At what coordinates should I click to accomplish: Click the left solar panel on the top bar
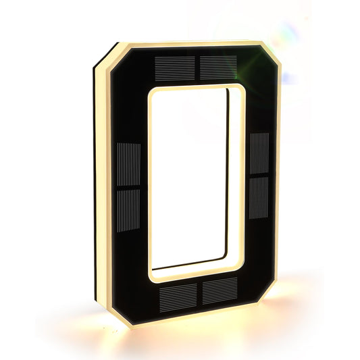click(174, 66)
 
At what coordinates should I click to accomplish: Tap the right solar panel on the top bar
click(218, 66)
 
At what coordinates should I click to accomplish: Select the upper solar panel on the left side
click(128, 164)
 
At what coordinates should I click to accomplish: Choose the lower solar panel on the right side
click(258, 197)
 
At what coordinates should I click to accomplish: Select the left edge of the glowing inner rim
click(149, 182)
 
